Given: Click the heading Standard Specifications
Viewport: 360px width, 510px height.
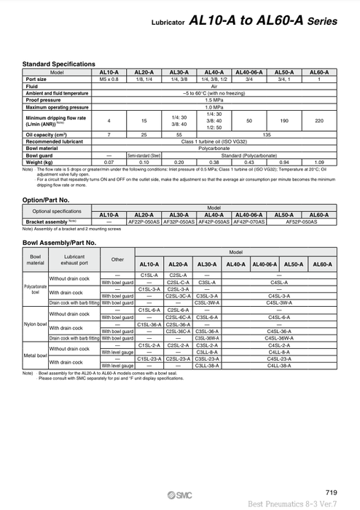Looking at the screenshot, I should [x=59, y=64].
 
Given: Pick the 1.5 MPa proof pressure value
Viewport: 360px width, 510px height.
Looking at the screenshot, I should [x=214, y=101].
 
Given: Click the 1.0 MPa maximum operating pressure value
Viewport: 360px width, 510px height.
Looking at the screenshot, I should [x=214, y=108].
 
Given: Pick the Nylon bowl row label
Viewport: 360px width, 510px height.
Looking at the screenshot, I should [x=34, y=323].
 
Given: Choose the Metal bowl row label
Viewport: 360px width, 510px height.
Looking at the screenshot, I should [x=34, y=355].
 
